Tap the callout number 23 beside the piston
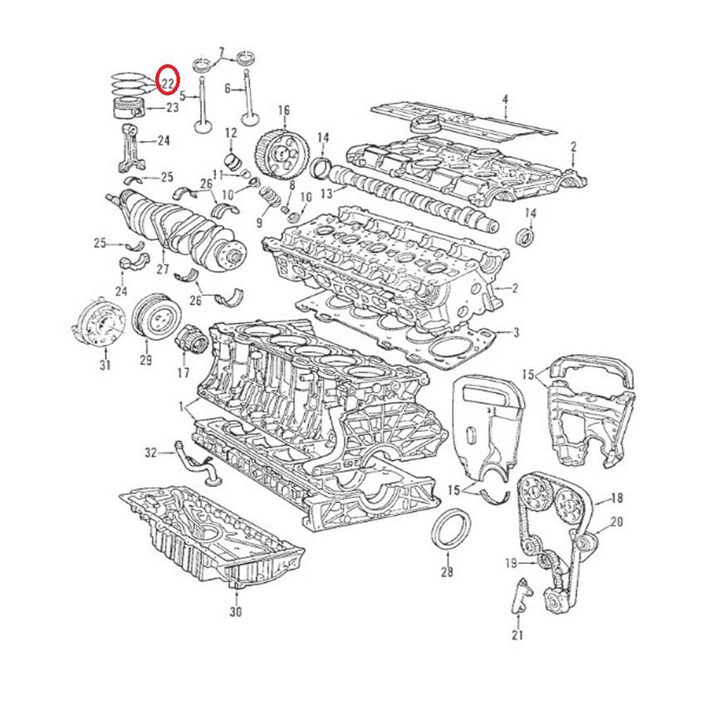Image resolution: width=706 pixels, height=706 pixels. [172, 107]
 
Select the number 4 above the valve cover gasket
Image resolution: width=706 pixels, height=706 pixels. [504, 101]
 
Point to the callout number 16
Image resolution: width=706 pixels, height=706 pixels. [283, 110]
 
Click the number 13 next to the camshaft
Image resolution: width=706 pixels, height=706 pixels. [326, 193]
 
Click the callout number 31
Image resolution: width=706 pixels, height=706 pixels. [105, 365]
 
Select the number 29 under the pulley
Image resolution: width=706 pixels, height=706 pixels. [145, 360]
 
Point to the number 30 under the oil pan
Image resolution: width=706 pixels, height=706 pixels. [235, 612]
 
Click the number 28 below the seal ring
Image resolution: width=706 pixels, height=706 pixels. [447, 572]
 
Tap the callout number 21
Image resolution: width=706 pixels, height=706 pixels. [517, 636]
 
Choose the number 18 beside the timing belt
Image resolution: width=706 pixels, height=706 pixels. [616, 498]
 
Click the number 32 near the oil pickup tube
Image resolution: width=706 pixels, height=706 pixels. [150, 453]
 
